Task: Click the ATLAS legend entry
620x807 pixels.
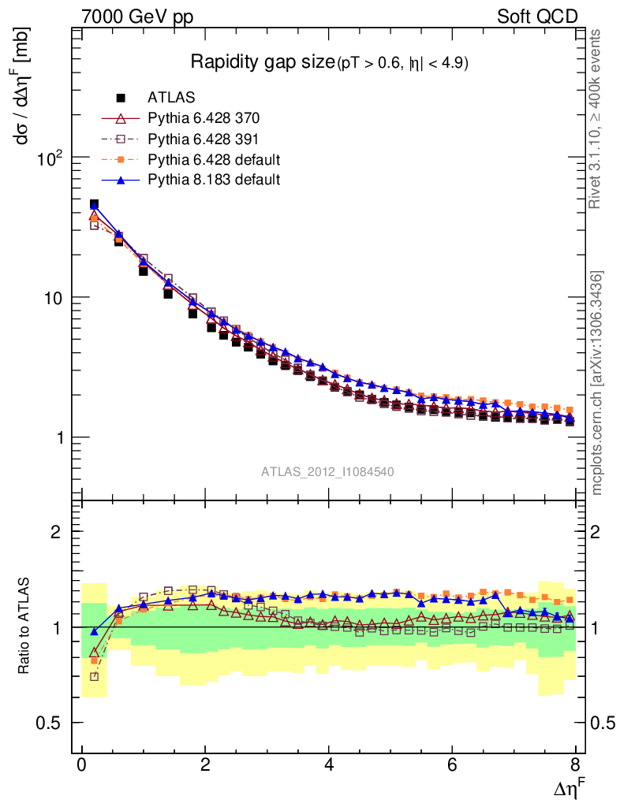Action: tap(171, 98)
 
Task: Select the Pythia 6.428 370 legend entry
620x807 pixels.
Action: tap(204, 118)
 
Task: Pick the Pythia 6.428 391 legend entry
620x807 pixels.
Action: tap(204, 139)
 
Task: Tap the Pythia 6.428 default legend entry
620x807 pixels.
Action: tap(214, 159)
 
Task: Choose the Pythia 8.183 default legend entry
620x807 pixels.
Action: tap(214, 180)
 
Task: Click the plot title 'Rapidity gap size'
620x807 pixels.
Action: tap(263, 62)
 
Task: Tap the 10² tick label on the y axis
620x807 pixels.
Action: tap(50, 158)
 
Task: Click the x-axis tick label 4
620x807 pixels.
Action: tap(329, 765)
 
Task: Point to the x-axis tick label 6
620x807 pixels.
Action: tap(452, 765)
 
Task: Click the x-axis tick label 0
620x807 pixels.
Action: tap(82, 765)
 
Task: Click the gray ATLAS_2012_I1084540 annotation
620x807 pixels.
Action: tap(327, 471)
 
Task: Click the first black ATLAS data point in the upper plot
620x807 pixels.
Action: tap(94, 204)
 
